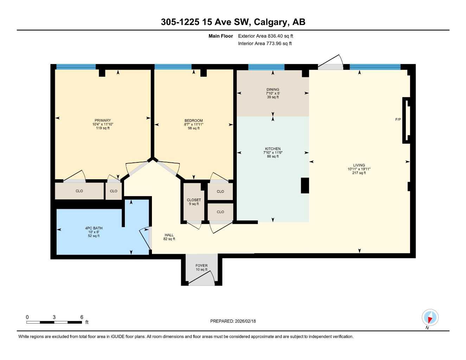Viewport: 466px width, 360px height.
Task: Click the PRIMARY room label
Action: pyautogui.click(x=102, y=120)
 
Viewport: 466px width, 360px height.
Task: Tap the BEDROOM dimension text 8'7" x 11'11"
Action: pyautogui.click(x=193, y=124)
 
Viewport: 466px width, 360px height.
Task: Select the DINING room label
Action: pyautogui.click(x=273, y=89)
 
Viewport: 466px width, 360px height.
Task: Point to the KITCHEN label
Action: pyautogui.click(x=273, y=149)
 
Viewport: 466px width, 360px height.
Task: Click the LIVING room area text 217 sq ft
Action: pyautogui.click(x=359, y=173)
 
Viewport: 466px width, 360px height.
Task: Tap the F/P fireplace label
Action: pyautogui.click(x=398, y=120)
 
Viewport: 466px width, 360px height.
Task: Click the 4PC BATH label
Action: pyautogui.click(x=94, y=228)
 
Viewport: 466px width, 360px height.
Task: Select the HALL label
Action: pyautogui.click(x=169, y=235)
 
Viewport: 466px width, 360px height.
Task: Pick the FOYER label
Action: pyautogui.click(x=202, y=265)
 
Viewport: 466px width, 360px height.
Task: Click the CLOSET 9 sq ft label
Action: pyautogui.click(x=194, y=202)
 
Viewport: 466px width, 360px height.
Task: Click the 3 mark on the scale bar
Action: pyautogui.click(x=54, y=317)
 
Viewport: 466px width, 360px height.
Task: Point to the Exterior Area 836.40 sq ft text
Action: pyautogui.click(x=266, y=36)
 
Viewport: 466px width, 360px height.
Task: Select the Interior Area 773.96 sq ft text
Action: pyautogui.click(x=265, y=44)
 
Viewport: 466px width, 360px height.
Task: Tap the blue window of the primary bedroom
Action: pyautogui.click(x=76, y=67)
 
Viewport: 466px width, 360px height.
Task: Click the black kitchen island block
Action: pyautogui.click(x=305, y=185)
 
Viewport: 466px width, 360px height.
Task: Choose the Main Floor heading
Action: pyautogui.click(x=221, y=36)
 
